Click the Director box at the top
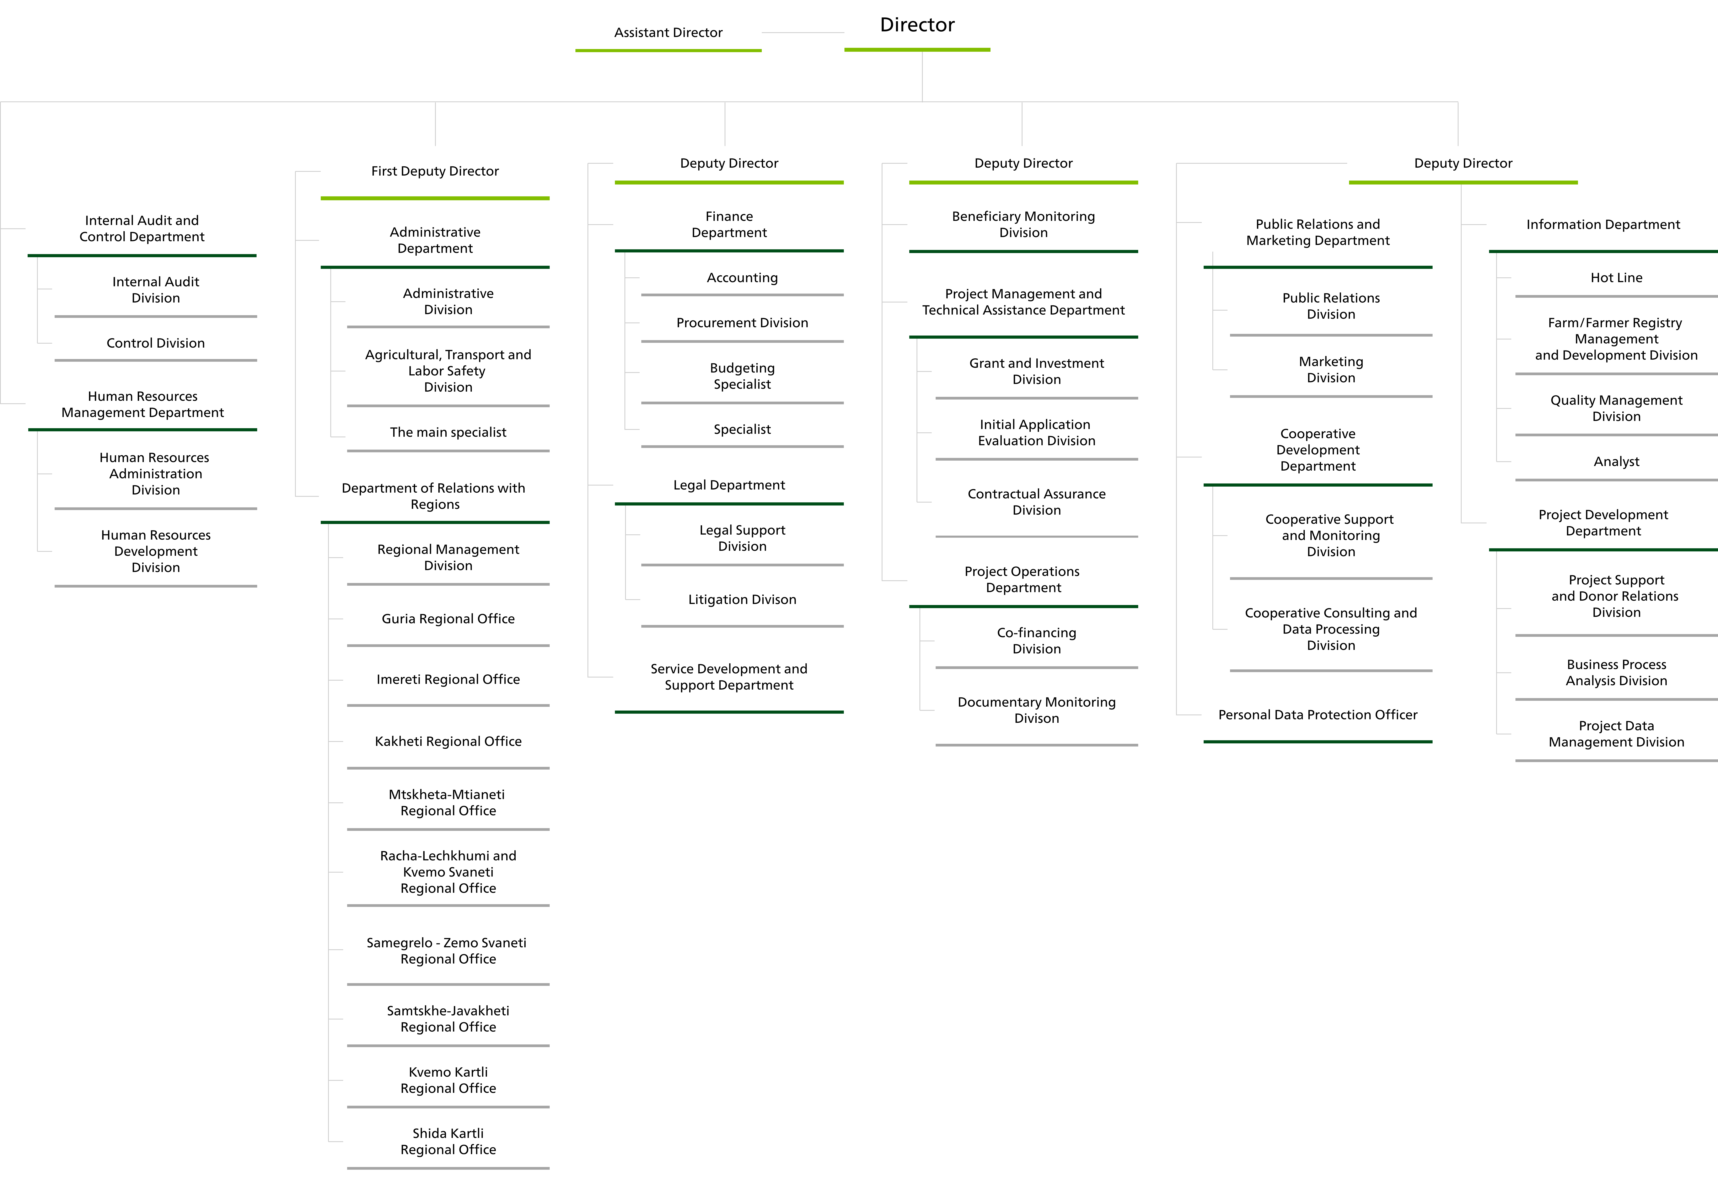(917, 25)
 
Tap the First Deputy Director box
(435, 171)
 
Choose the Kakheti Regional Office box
(448, 741)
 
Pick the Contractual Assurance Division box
(1036, 502)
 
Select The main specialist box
(448, 432)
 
